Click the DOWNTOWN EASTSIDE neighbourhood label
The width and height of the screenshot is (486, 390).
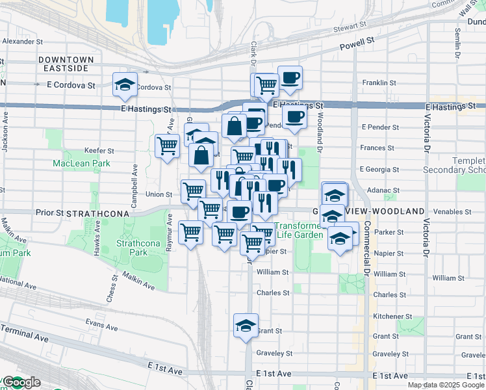(x=66, y=64)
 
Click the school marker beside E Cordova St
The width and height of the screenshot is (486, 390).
(x=125, y=84)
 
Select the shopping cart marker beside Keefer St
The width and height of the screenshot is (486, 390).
(x=168, y=146)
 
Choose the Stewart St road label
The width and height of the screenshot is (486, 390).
(x=350, y=25)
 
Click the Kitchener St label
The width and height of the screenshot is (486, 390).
(x=390, y=316)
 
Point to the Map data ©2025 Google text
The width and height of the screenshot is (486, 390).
(x=445, y=385)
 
